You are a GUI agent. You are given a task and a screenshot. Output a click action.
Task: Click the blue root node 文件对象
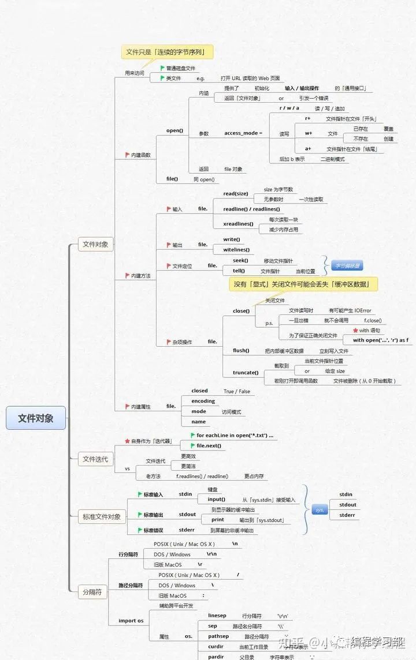click(36, 418)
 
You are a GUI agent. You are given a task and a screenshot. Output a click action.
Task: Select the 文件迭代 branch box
click(95, 459)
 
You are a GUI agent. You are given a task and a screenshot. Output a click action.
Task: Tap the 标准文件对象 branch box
click(102, 517)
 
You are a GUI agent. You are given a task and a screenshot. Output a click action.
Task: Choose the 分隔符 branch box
click(93, 592)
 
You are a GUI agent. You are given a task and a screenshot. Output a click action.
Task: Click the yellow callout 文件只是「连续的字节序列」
click(166, 52)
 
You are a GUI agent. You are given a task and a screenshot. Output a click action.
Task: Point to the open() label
click(174, 130)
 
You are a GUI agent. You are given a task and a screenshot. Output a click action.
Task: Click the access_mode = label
click(243, 133)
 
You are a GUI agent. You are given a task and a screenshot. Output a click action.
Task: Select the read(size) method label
click(236, 194)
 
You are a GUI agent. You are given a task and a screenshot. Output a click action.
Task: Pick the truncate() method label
click(246, 373)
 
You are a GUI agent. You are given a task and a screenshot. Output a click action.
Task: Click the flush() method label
click(241, 351)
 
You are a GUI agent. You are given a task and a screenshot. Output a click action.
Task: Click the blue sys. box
click(320, 510)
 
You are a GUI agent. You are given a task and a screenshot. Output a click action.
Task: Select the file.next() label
click(209, 446)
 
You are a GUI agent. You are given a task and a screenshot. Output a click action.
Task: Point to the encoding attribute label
click(203, 401)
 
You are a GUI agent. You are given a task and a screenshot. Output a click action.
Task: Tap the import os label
click(131, 621)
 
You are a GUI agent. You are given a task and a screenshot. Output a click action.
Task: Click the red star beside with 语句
click(355, 331)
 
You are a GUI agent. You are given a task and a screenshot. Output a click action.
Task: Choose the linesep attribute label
click(217, 616)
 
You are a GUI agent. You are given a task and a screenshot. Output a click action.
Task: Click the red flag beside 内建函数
click(127, 155)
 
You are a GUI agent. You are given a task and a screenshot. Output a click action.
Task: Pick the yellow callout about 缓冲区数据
click(305, 284)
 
